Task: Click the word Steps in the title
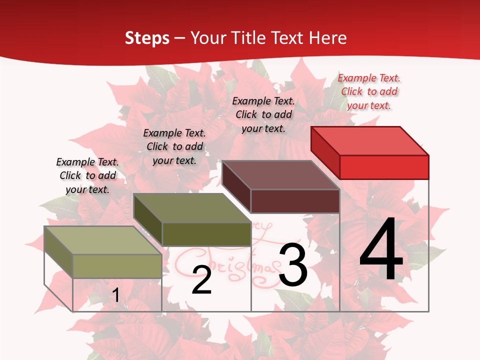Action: pos(147,38)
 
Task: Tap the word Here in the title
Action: pos(327,38)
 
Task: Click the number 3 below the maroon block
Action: pos(293,265)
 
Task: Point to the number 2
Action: pos(201,280)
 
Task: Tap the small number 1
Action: pos(115,295)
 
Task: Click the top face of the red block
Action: pos(370,140)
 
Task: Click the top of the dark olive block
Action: pos(192,208)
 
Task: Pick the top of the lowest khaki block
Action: pos(103,240)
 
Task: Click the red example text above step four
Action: pos(369,91)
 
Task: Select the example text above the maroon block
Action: pos(263,114)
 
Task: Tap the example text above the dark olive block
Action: pos(174,146)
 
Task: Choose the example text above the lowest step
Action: pos(87,175)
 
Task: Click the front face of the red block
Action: pos(384,167)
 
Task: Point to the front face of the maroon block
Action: pos(295,201)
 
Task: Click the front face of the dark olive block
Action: pos(206,234)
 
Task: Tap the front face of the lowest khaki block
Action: pos(117,266)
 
